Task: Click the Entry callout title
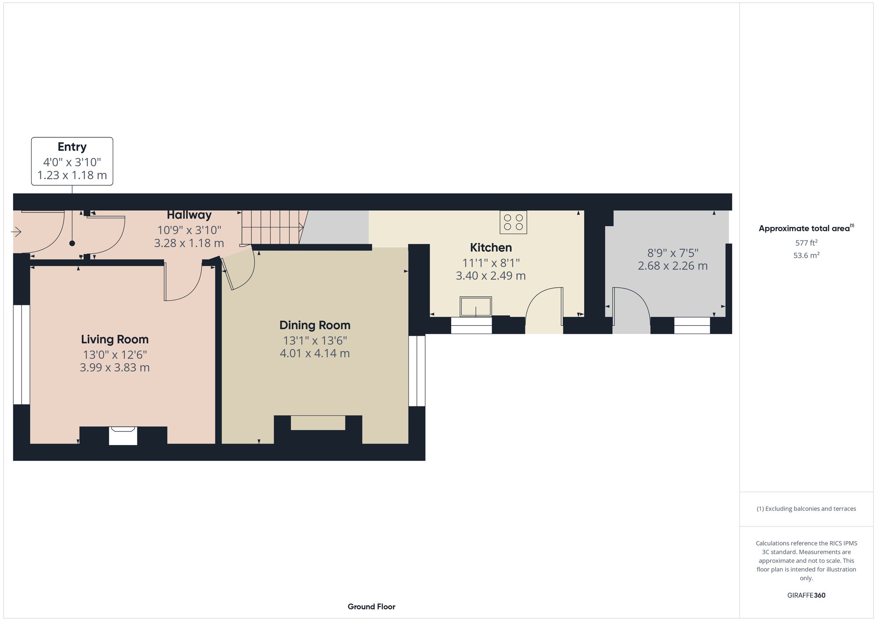coord(72,147)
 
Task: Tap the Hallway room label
coord(189,215)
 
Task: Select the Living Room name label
coord(115,339)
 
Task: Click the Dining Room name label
coord(315,325)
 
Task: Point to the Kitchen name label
coord(491,248)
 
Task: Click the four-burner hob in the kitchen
coord(513,222)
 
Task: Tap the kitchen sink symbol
coord(476,306)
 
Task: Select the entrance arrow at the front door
coord(16,231)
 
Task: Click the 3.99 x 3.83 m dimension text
coord(115,368)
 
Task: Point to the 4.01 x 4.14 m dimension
coord(315,354)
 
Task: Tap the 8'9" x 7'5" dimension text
coord(673,253)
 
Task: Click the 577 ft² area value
coord(806,243)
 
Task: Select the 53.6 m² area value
coord(806,255)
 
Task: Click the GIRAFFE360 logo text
coord(806,596)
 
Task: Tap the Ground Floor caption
coord(371,607)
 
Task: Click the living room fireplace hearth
coord(123,436)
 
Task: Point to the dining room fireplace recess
coord(318,423)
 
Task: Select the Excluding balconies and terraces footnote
coord(806,509)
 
